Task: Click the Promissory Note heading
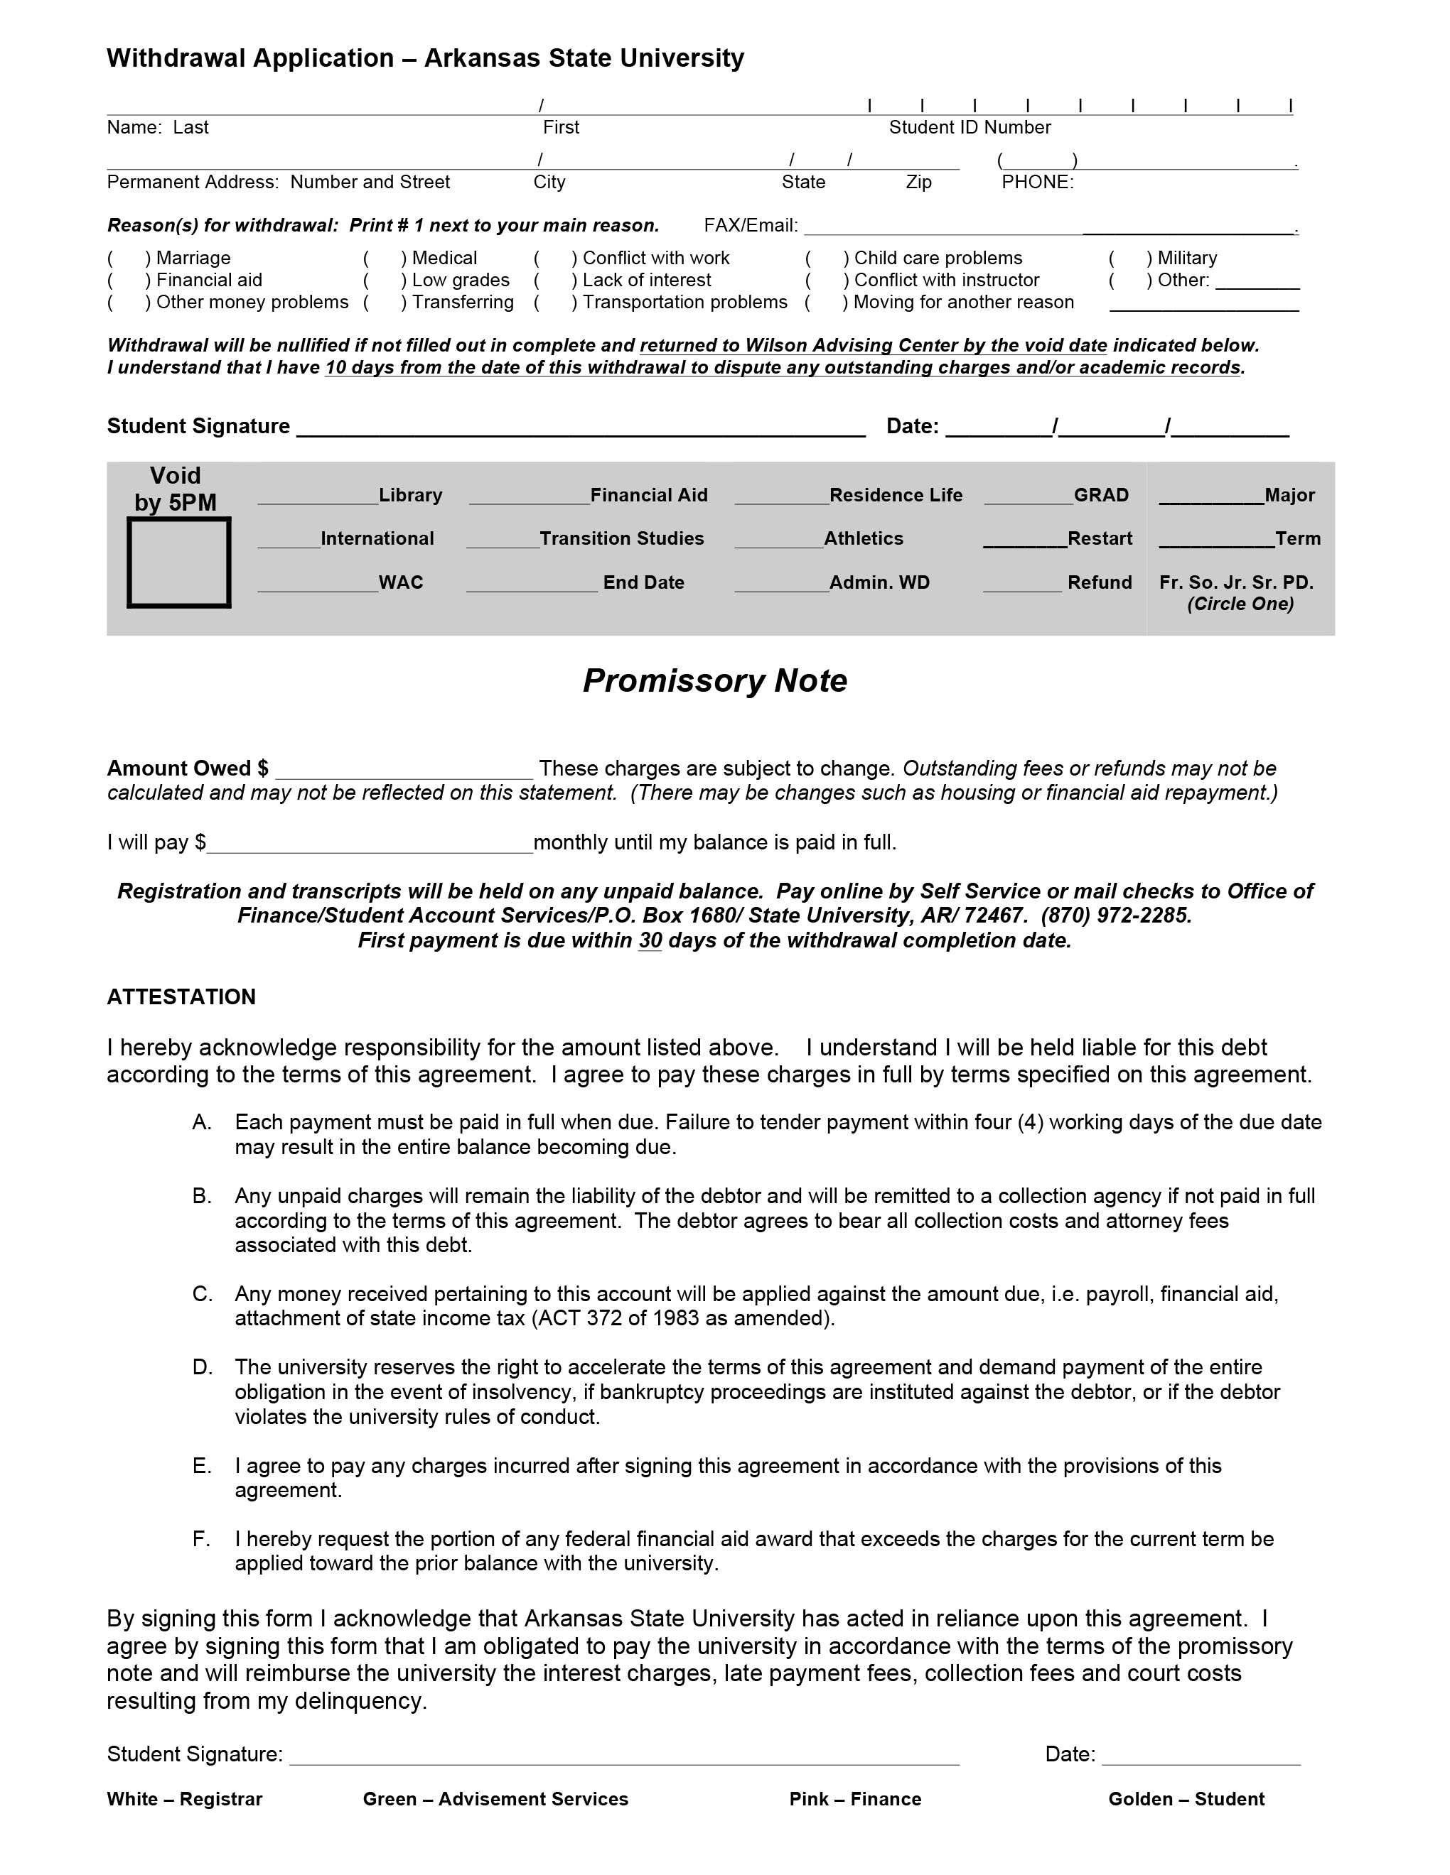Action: click(x=714, y=681)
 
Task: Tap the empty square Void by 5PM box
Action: click(x=178, y=562)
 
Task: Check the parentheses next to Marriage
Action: click(x=127, y=259)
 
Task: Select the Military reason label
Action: click(x=1186, y=259)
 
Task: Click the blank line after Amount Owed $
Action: click(x=404, y=770)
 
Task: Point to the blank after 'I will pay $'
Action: click(x=370, y=844)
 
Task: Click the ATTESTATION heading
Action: click(x=181, y=996)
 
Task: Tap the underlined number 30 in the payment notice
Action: click(x=650, y=941)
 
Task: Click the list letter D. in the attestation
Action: click(x=202, y=1368)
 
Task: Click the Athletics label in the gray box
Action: click(x=864, y=539)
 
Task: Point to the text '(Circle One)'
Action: click(x=1240, y=604)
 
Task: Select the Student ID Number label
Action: click(x=969, y=128)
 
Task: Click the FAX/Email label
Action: click(x=750, y=226)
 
